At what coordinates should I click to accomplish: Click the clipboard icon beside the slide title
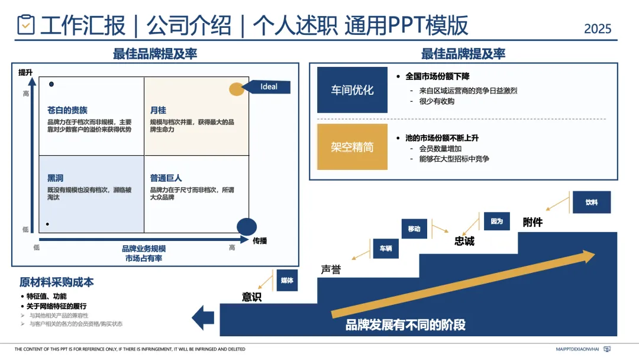click(x=26, y=24)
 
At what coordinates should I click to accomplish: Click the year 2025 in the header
click(x=597, y=28)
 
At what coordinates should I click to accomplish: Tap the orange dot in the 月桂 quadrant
click(x=236, y=89)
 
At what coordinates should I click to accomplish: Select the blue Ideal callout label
click(x=269, y=86)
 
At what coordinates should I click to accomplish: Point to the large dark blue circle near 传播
click(x=247, y=226)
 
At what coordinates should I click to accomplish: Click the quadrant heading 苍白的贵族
click(x=67, y=110)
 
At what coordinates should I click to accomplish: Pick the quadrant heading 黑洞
click(x=56, y=178)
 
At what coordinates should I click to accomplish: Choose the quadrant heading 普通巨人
click(x=166, y=178)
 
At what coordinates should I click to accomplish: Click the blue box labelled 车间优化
click(x=352, y=90)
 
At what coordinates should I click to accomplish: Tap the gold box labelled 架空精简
click(x=352, y=147)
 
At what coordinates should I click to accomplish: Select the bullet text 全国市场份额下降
click(x=437, y=76)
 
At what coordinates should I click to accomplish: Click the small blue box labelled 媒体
click(x=287, y=281)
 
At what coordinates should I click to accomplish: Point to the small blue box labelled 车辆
click(x=385, y=249)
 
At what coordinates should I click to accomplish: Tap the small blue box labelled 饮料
click(x=591, y=202)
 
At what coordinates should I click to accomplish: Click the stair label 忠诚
click(x=464, y=241)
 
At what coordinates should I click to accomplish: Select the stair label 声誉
click(x=331, y=269)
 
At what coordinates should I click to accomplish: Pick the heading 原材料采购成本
click(x=56, y=282)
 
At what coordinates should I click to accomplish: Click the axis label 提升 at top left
click(x=25, y=72)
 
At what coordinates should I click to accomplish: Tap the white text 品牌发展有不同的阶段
click(x=405, y=324)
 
